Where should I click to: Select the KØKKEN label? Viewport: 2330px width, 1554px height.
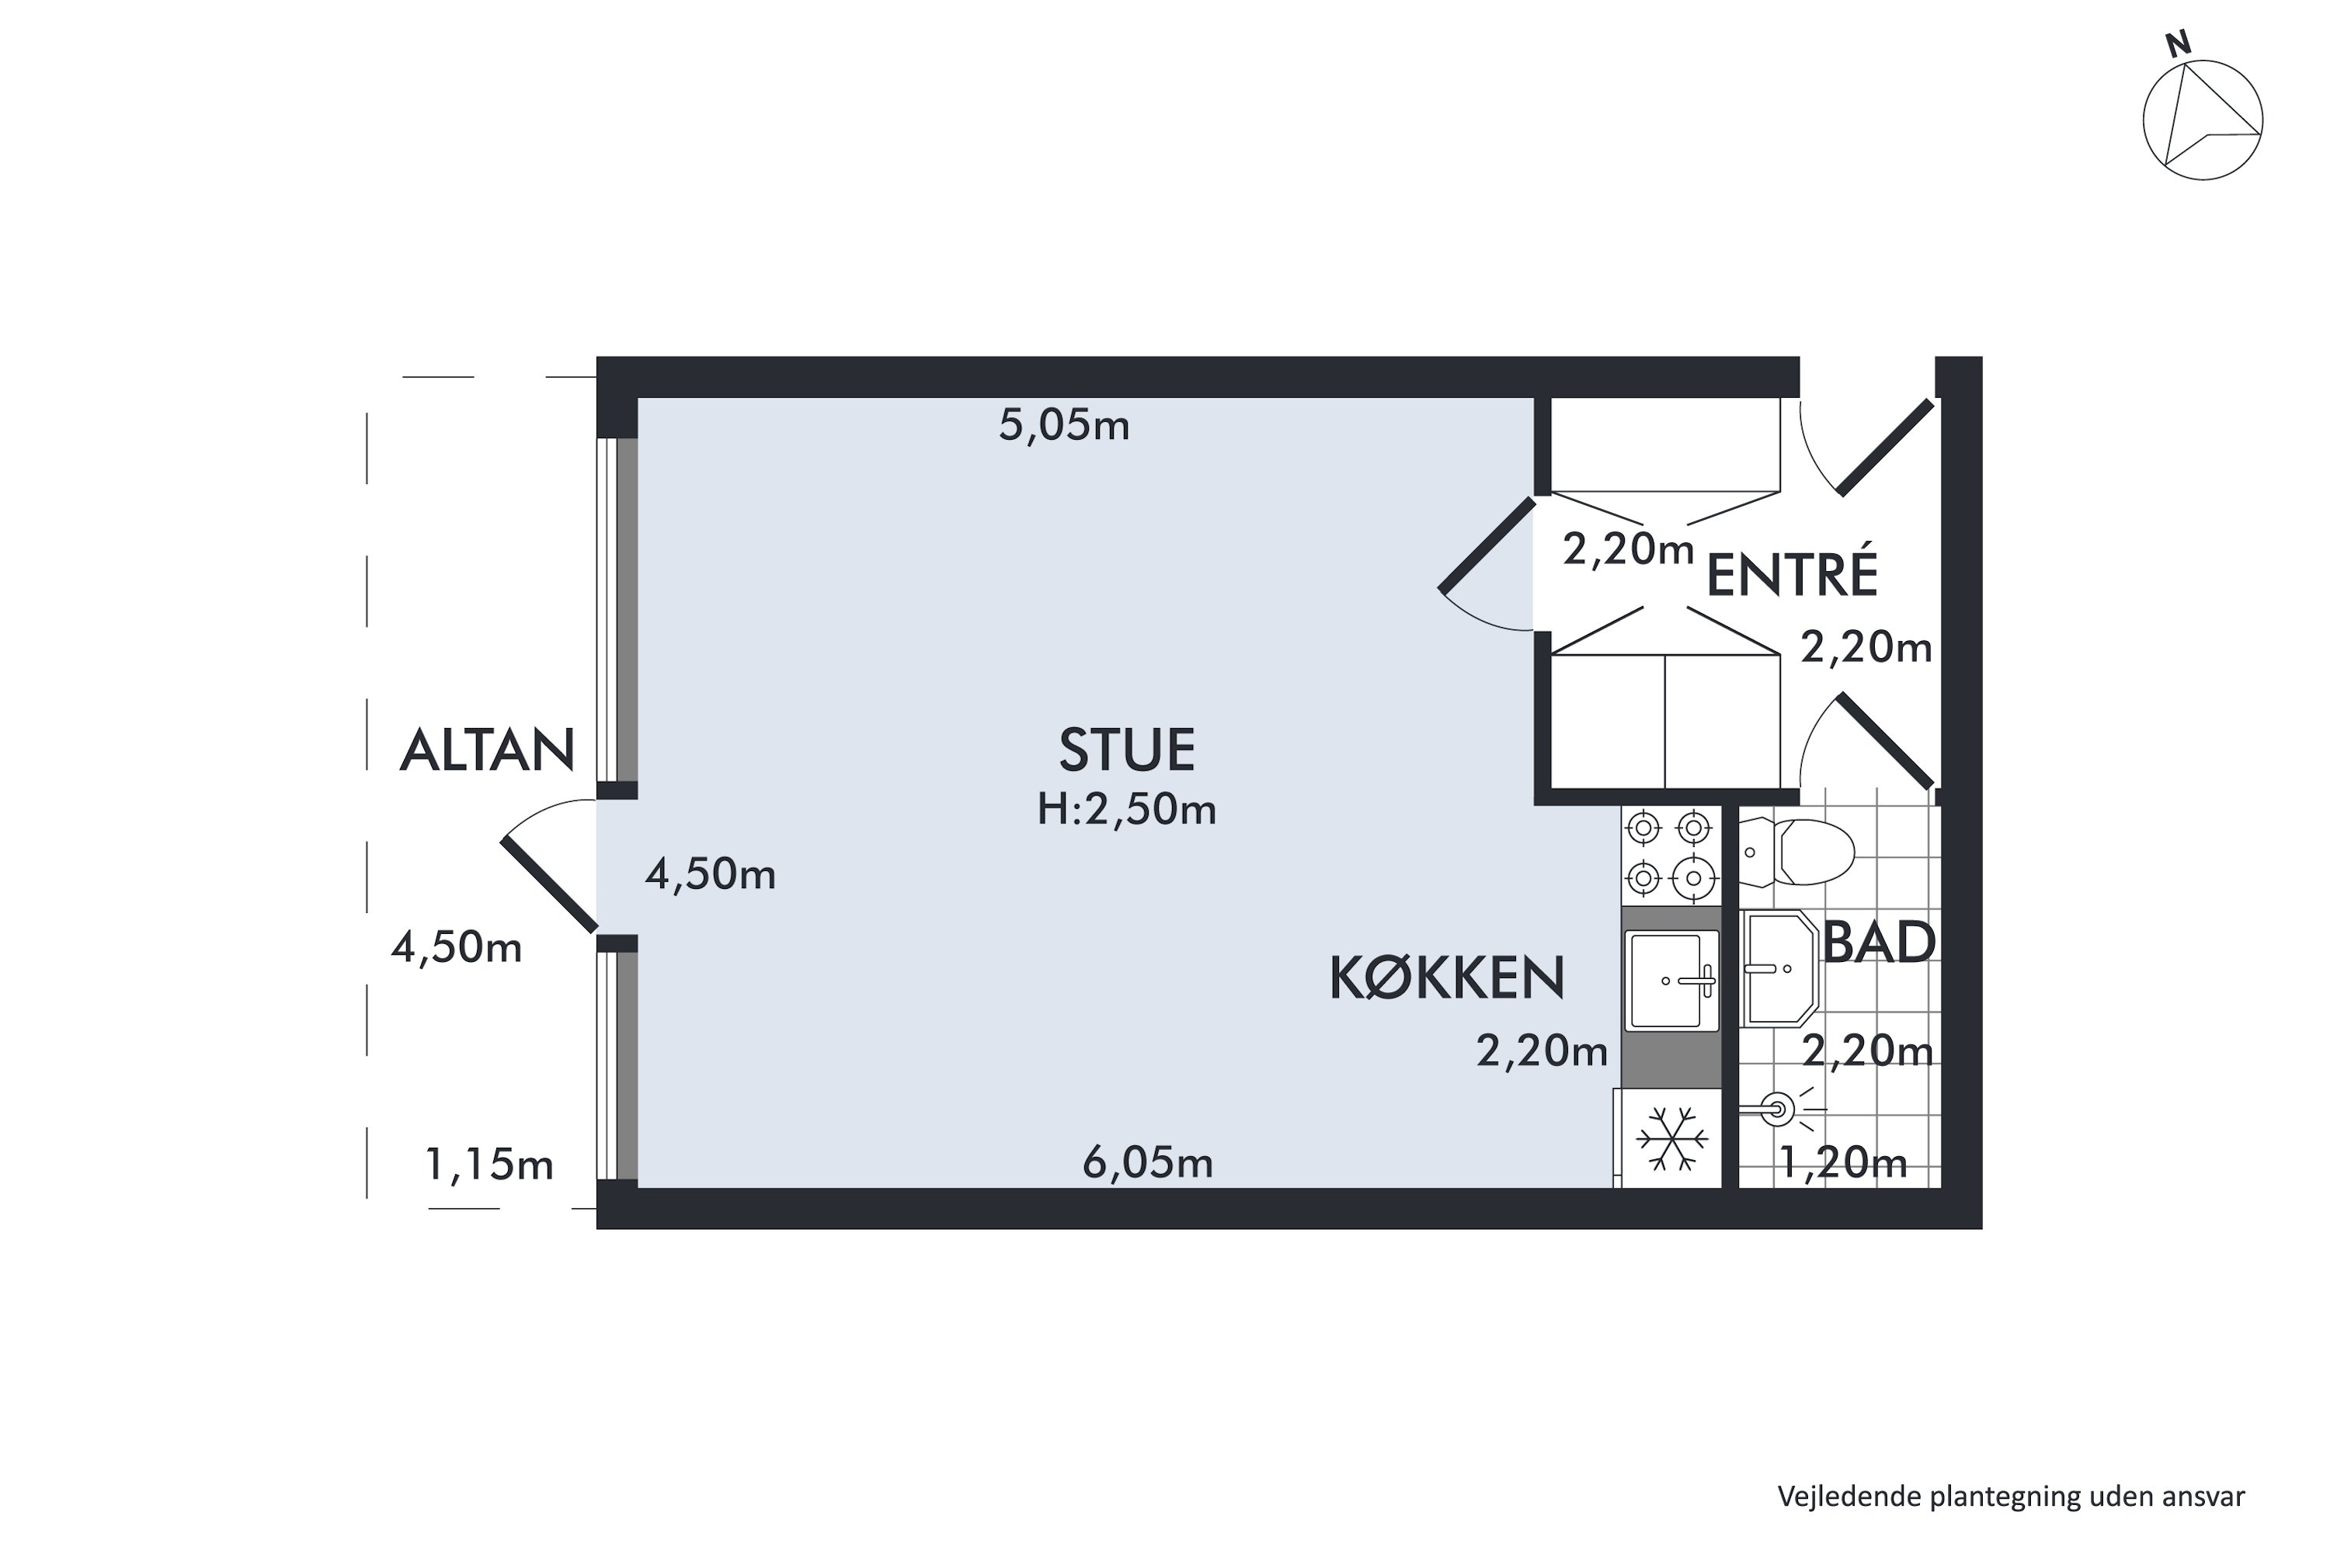click(1445, 978)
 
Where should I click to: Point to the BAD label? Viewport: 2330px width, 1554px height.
click(1880, 943)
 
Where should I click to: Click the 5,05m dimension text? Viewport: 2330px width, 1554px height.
click(1063, 425)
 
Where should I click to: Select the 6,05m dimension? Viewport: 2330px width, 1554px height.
click(1147, 1162)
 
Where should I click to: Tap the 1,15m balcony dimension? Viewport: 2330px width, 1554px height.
click(489, 1165)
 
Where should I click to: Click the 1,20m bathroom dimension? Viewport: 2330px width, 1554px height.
click(1842, 1162)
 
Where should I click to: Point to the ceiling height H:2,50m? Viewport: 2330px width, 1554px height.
click(1126, 810)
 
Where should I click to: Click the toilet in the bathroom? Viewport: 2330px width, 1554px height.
click(1798, 852)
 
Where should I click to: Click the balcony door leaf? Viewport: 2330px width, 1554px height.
click(549, 884)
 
